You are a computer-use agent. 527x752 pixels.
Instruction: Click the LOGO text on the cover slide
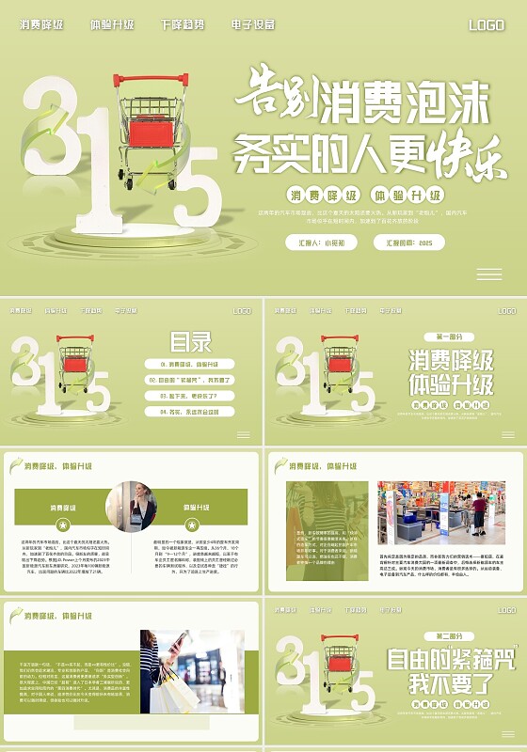pyautogui.click(x=487, y=25)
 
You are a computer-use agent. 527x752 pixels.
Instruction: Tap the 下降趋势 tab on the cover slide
pyautogui.click(x=182, y=24)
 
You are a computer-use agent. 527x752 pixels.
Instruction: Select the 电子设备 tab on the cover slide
pyautogui.click(x=252, y=24)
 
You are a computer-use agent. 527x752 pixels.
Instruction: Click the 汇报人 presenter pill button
pyautogui.click(x=321, y=243)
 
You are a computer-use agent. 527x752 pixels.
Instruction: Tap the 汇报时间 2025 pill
pyautogui.click(x=408, y=243)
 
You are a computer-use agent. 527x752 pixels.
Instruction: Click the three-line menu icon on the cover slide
pyautogui.click(x=488, y=274)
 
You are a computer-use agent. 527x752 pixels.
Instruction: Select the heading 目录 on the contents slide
pyautogui.click(x=190, y=341)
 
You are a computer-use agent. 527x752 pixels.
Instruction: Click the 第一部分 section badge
pyautogui.click(x=449, y=337)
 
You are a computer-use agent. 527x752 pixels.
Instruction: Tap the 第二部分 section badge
pyautogui.click(x=449, y=636)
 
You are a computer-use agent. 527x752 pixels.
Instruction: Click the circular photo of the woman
pyautogui.click(x=131, y=507)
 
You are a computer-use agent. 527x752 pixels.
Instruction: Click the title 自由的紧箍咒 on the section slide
pyautogui.click(x=450, y=659)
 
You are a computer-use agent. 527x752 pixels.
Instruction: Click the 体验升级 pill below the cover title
pyautogui.click(x=407, y=196)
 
